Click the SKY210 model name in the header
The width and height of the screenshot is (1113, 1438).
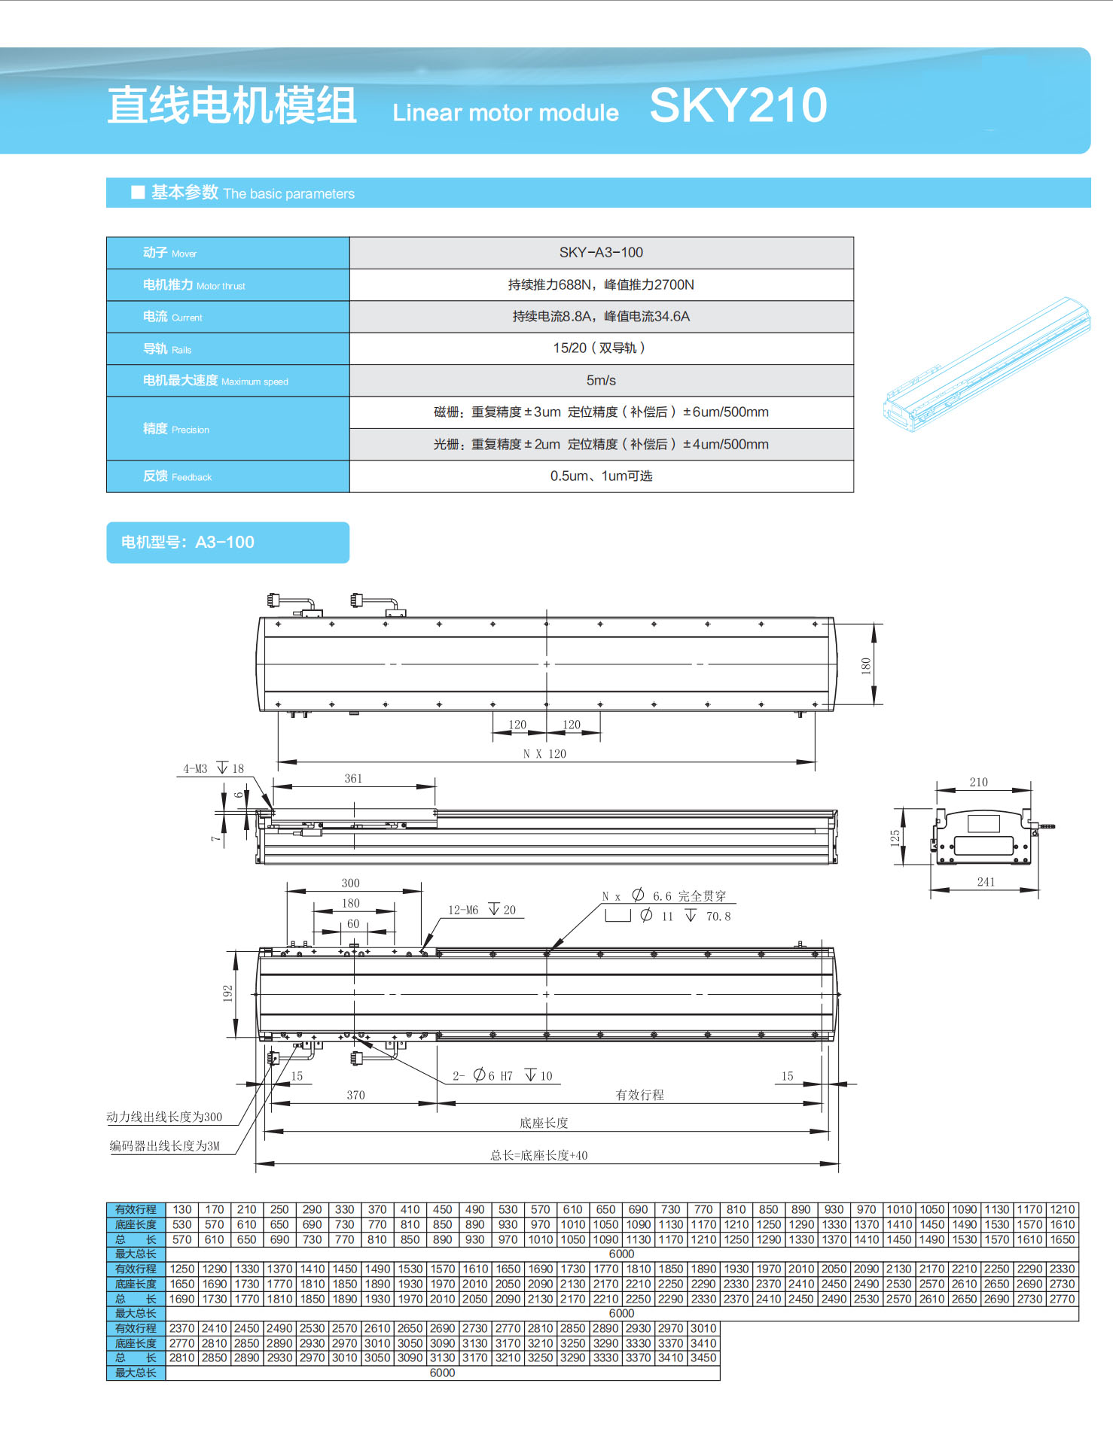pos(738,105)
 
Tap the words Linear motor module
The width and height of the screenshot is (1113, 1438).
pos(505,113)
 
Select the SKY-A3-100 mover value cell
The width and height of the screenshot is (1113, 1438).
pos(601,253)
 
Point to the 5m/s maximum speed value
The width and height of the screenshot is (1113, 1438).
pos(601,381)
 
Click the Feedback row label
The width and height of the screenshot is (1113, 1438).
pos(178,476)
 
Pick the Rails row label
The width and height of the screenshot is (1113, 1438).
pos(167,349)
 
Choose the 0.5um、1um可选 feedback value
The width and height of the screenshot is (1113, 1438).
pos(601,476)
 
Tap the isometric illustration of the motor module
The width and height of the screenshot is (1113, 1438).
pos(986,365)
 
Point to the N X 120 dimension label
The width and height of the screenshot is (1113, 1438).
pos(544,754)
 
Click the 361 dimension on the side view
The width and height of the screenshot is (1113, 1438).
pos(353,779)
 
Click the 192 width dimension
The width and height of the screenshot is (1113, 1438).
pos(227,993)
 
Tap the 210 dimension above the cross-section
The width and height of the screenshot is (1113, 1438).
pos(978,783)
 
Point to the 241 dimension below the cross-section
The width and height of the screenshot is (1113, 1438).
pos(986,882)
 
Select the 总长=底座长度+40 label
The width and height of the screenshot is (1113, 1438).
pos(539,1155)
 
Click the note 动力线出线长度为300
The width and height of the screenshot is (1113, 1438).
pos(164,1117)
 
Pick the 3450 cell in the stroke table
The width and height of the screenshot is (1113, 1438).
pos(703,1357)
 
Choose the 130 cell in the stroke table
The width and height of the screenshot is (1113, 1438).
pos(182,1209)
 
